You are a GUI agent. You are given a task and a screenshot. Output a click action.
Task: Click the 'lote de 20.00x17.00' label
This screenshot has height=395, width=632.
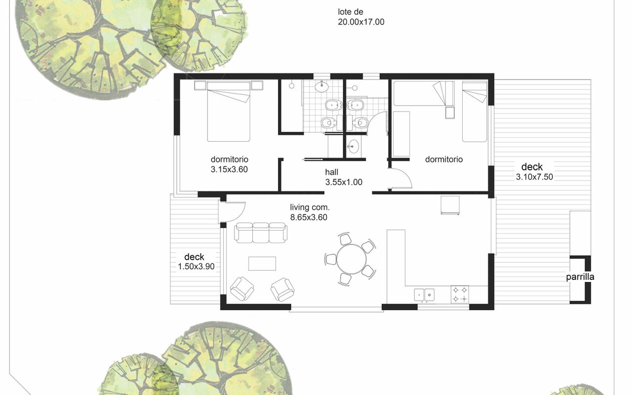pos(361,17)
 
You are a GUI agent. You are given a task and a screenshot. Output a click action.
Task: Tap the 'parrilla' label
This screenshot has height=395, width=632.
pos(580,277)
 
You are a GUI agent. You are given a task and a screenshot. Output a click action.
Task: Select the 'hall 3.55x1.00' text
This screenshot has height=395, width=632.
pos(343,177)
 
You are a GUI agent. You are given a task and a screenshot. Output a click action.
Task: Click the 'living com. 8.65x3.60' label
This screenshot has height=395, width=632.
pos(310,212)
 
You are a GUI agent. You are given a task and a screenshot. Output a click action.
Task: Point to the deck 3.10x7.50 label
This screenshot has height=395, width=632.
pos(534,172)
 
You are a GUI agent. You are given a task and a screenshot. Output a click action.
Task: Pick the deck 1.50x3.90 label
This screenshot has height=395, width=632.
pos(196,262)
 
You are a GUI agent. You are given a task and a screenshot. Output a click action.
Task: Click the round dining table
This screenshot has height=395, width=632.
pos(351,259)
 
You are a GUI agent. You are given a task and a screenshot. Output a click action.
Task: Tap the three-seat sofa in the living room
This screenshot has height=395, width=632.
pos(261,233)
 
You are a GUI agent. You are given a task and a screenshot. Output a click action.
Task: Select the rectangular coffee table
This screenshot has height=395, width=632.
pos(262,264)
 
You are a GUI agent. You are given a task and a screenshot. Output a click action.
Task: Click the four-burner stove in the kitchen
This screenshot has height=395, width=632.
pos(460,294)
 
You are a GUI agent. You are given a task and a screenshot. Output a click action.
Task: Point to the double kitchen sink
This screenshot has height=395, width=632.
pos(424,295)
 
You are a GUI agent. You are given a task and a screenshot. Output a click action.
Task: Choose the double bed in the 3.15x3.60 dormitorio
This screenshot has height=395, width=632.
pos(229,112)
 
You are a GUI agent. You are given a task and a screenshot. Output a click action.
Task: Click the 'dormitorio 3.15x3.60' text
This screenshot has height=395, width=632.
pos(229,164)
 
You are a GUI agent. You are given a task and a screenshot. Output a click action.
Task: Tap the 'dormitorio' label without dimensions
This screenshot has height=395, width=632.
pos(444,159)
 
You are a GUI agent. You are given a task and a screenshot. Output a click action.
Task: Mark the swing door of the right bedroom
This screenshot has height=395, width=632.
pos(400,179)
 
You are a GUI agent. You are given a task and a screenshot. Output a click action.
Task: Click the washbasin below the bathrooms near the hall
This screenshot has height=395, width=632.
pos(353,147)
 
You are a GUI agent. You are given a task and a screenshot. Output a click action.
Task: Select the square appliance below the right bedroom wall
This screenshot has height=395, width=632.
pos(450,205)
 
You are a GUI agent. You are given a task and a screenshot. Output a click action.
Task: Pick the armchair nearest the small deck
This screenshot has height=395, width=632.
pos(242,289)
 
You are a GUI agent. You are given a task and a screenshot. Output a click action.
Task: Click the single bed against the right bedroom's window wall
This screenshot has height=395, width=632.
pos(474,112)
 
